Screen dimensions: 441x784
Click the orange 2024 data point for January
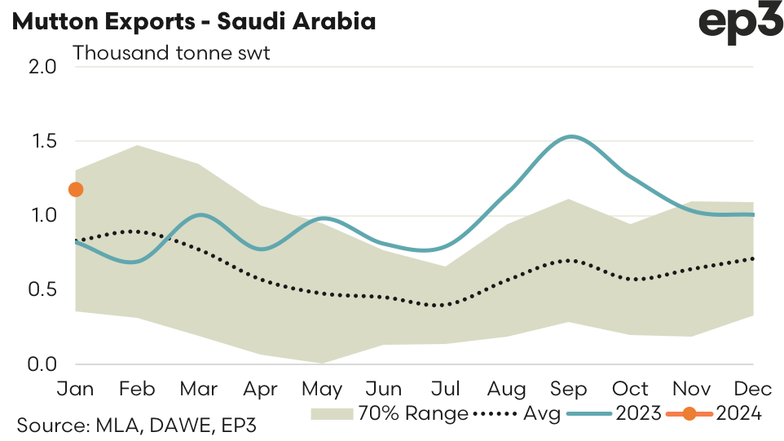point(76,190)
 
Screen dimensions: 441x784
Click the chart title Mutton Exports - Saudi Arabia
point(194,22)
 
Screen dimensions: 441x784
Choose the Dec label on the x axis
point(754,388)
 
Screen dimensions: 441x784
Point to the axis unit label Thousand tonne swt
point(171,53)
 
